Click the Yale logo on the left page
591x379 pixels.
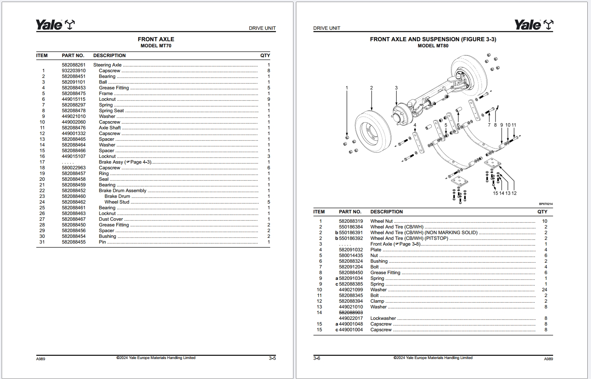55,25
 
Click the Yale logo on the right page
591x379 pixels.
533,25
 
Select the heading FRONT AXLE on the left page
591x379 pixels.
156,39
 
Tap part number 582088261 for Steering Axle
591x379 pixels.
73,65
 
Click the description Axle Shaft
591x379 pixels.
110,128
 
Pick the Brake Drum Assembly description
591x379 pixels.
122,191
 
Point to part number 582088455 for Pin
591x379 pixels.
73,242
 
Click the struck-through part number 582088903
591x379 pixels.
351,313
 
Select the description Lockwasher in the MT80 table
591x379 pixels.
383,318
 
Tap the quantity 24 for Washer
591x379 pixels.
544,290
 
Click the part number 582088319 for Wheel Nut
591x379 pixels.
351,221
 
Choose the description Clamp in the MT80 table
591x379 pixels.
377,301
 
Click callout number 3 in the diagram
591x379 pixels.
396,88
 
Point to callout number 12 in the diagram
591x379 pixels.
514,193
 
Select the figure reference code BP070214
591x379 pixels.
546,204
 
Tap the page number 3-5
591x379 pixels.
272,359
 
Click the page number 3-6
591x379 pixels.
317,359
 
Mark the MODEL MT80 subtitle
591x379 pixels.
433,46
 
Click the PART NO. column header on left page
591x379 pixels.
73,55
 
